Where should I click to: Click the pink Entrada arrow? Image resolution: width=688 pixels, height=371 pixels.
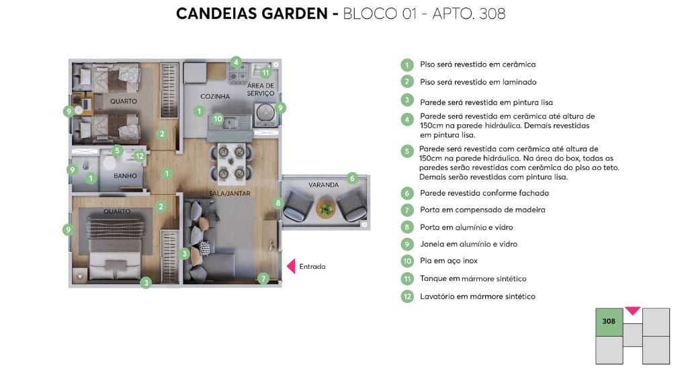tap(291, 266)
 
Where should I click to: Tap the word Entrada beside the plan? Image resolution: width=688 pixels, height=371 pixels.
tap(312, 267)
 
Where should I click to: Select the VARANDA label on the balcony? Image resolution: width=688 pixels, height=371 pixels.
tap(323, 185)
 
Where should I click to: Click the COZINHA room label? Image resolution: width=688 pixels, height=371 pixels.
tap(215, 96)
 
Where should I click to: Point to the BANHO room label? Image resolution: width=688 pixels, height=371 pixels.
tap(125, 175)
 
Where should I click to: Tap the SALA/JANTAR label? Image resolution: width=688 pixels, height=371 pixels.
tap(230, 193)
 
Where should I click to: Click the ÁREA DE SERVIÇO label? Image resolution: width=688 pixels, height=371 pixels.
tap(261, 89)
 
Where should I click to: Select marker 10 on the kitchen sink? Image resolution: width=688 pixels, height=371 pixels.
tap(218, 118)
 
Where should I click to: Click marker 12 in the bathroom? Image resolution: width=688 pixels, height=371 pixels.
tap(140, 156)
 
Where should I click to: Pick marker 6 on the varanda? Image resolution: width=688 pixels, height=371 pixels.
tap(352, 178)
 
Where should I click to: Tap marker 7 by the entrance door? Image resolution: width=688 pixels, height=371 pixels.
tap(263, 278)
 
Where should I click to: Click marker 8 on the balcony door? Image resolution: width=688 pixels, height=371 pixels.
tap(277, 203)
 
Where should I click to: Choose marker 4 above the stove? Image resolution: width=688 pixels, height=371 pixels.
tap(236, 63)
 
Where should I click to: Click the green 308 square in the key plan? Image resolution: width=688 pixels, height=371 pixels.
tap(609, 322)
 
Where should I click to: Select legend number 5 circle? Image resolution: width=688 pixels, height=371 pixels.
tap(407, 151)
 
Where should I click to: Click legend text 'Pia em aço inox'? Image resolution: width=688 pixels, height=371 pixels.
tap(448, 261)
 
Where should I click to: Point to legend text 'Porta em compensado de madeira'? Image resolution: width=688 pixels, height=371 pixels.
tap(482, 210)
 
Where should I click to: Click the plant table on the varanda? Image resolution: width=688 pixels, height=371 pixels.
tap(325, 207)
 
